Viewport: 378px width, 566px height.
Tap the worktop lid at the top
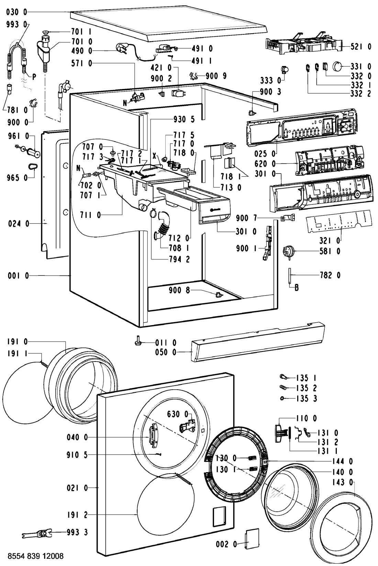pyautogui.click(x=168, y=26)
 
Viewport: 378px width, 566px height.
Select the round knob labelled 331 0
pyautogui.click(x=340, y=66)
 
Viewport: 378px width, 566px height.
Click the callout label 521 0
pyautogui.click(x=360, y=47)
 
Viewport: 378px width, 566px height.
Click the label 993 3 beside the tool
pyautogui.click(x=77, y=532)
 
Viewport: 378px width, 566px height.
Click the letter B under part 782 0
pyautogui.click(x=296, y=288)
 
